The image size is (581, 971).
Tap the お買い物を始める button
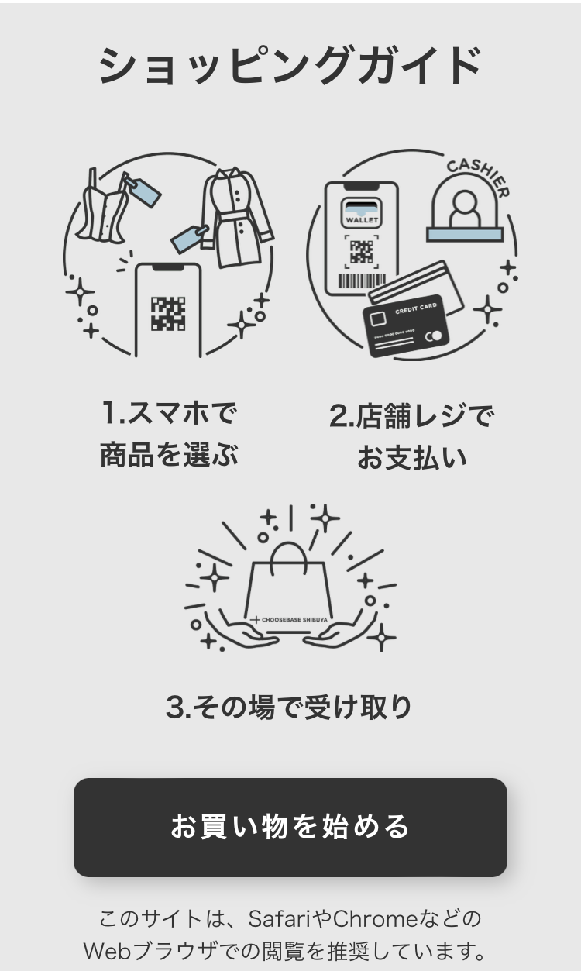coord(290,827)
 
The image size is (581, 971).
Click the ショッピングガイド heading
coord(290,66)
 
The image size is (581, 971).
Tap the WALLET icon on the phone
coord(362,212)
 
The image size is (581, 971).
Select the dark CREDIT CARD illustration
coord(406,325)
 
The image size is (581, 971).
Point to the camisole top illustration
coord(104,208)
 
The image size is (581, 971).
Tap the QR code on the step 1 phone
coord(168,313)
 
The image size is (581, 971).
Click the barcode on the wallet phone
coord(362,281)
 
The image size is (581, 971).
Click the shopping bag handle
coord(288,556)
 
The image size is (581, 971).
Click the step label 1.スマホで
coord(169,413)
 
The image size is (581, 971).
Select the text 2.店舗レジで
coord(411,415)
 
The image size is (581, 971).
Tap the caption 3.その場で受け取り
coord(289,707)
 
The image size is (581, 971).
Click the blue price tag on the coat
coord(189,239)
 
